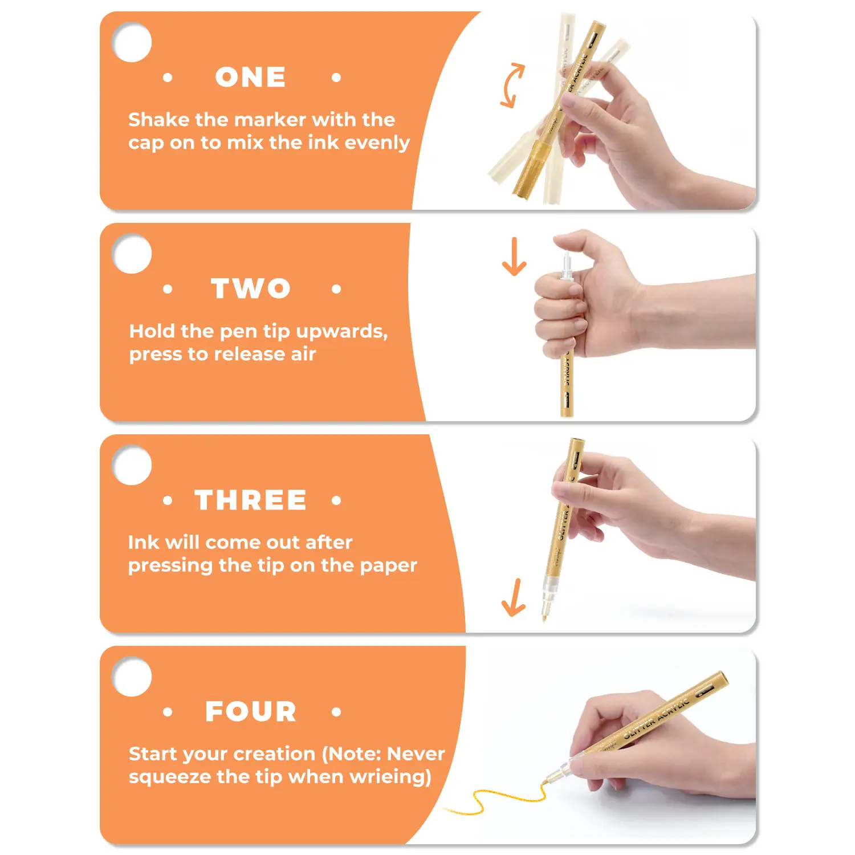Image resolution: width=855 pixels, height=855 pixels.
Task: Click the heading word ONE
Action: tap(250, 77)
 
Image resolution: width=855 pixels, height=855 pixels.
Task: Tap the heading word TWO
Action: tap(251, 288)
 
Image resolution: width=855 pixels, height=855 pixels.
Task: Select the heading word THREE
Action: tap(251, 500)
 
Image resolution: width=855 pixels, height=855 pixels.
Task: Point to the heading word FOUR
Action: tap(251, 711)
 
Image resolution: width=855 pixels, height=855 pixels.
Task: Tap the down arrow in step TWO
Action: tap(514, 256)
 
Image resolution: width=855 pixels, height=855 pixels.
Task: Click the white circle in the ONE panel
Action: tap(132, 42)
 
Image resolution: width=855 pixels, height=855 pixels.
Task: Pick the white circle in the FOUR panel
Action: tap(132, 677)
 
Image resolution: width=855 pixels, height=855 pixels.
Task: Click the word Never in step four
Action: tap(416, 754)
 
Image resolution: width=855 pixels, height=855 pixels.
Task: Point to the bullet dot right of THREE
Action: tap(336, 500)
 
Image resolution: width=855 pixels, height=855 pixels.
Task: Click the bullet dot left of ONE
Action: tap(168, 78)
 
